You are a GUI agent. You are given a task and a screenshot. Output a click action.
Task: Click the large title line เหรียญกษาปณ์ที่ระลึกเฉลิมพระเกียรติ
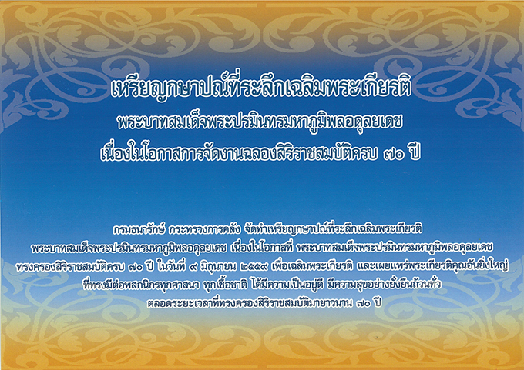tap(262, 88)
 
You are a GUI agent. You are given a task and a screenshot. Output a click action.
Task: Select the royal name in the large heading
tap(260, 124)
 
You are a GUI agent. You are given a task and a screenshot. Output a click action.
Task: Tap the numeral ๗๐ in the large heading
tap(392, 155)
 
